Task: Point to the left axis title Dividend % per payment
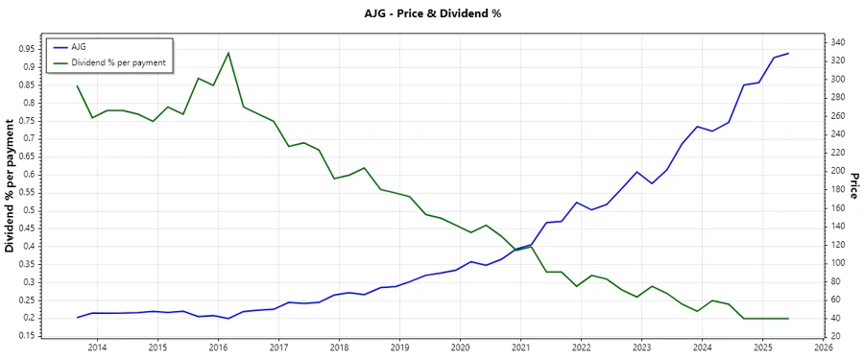[11, 186]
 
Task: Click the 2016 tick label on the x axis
[218, 348]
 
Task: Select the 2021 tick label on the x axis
[520, 348]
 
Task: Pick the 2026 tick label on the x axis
[823, 348]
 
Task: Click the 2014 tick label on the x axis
[97, 348]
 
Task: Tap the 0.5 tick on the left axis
[29, 210]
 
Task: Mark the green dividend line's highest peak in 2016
[228, 53]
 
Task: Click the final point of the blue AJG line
[788, 54]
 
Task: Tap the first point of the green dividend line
[78, 86]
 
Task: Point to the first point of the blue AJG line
[78, 317]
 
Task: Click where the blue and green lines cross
[519, 248]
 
